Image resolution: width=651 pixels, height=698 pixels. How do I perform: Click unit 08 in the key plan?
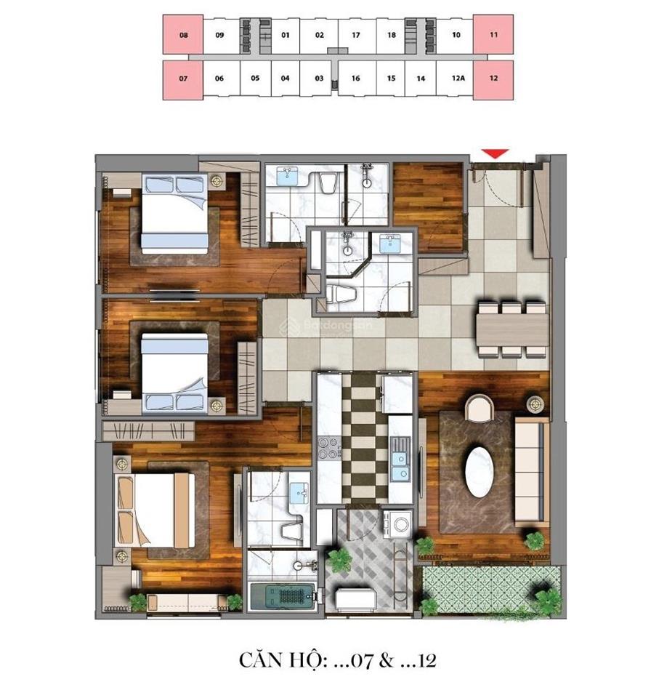[x=182, y=34]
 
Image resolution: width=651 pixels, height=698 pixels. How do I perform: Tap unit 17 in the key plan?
[x=355, y=34]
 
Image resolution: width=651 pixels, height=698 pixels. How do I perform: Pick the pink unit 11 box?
[x=493, y=34]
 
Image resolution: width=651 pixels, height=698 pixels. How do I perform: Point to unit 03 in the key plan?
[x=319, y=79]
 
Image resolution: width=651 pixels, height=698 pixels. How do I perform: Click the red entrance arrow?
[x=495, y=153]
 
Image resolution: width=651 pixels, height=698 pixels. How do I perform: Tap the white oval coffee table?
[x=480, y=472]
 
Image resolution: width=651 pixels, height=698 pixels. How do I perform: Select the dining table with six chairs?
[x=511, y=329]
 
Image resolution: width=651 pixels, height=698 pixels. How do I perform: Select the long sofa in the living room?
[x=531, y=471]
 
